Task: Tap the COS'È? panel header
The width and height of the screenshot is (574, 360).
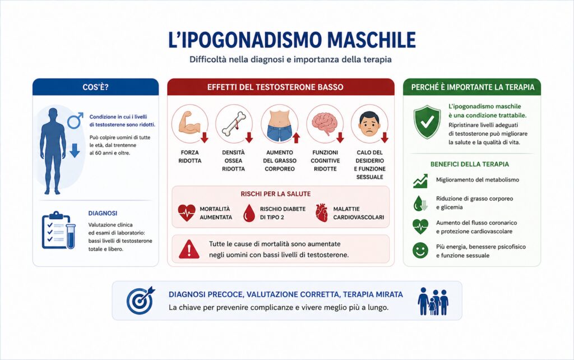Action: coord(95,87)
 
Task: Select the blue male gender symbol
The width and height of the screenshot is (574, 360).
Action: coord(76,121)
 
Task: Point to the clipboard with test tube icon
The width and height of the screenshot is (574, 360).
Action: coord(58,230)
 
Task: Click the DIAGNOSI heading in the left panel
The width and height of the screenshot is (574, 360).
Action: coord(103,213)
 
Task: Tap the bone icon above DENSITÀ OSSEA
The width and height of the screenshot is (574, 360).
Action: coord(233,124)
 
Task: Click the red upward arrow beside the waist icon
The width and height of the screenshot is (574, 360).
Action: coord(296,138)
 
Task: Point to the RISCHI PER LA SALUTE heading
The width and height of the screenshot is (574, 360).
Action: coord(276,194)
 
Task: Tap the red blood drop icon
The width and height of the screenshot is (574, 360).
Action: coord(249,213)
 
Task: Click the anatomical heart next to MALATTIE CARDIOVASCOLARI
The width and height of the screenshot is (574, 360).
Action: coord(321,213)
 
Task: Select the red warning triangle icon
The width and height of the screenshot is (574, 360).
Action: coord(189,250)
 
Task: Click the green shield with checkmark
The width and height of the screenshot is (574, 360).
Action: coord(427,122)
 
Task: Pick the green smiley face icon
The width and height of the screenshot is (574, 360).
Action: coord(420,251)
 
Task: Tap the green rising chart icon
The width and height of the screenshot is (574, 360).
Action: coord(420,181)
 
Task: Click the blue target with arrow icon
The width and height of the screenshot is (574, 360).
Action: coord(140,300)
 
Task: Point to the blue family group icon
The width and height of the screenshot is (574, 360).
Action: coord(433,301)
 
